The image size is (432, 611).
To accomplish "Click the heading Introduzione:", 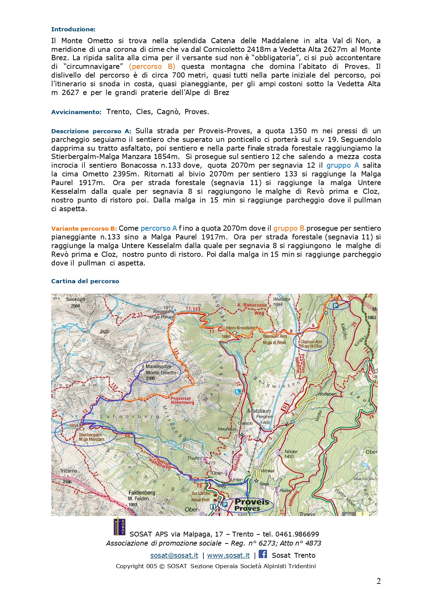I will (73, 29).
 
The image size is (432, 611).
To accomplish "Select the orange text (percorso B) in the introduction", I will (152, 66).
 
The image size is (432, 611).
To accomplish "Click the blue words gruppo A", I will (343, 165).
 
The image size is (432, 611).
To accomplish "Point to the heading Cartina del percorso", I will (85, 281).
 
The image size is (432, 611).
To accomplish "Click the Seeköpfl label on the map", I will (76, 300).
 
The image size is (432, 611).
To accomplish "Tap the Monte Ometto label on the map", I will (161, 373).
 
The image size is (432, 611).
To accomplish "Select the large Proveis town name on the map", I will (252, 502).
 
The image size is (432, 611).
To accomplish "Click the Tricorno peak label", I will (69, 471).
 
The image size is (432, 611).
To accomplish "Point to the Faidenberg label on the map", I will (142, 493).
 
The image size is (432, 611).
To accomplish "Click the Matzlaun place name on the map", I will (259, 411).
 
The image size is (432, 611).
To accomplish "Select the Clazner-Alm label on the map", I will (311, 342).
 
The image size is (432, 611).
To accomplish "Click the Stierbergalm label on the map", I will (90, 435).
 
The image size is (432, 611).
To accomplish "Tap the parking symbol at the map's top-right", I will (336, 305).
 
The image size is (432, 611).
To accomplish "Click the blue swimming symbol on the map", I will (238, 392).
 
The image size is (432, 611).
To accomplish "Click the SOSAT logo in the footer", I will (119, 527).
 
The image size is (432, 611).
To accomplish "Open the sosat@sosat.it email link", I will (174, 556).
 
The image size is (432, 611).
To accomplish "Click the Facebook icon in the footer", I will (263, 554).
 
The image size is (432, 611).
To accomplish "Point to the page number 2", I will (378, 581).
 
